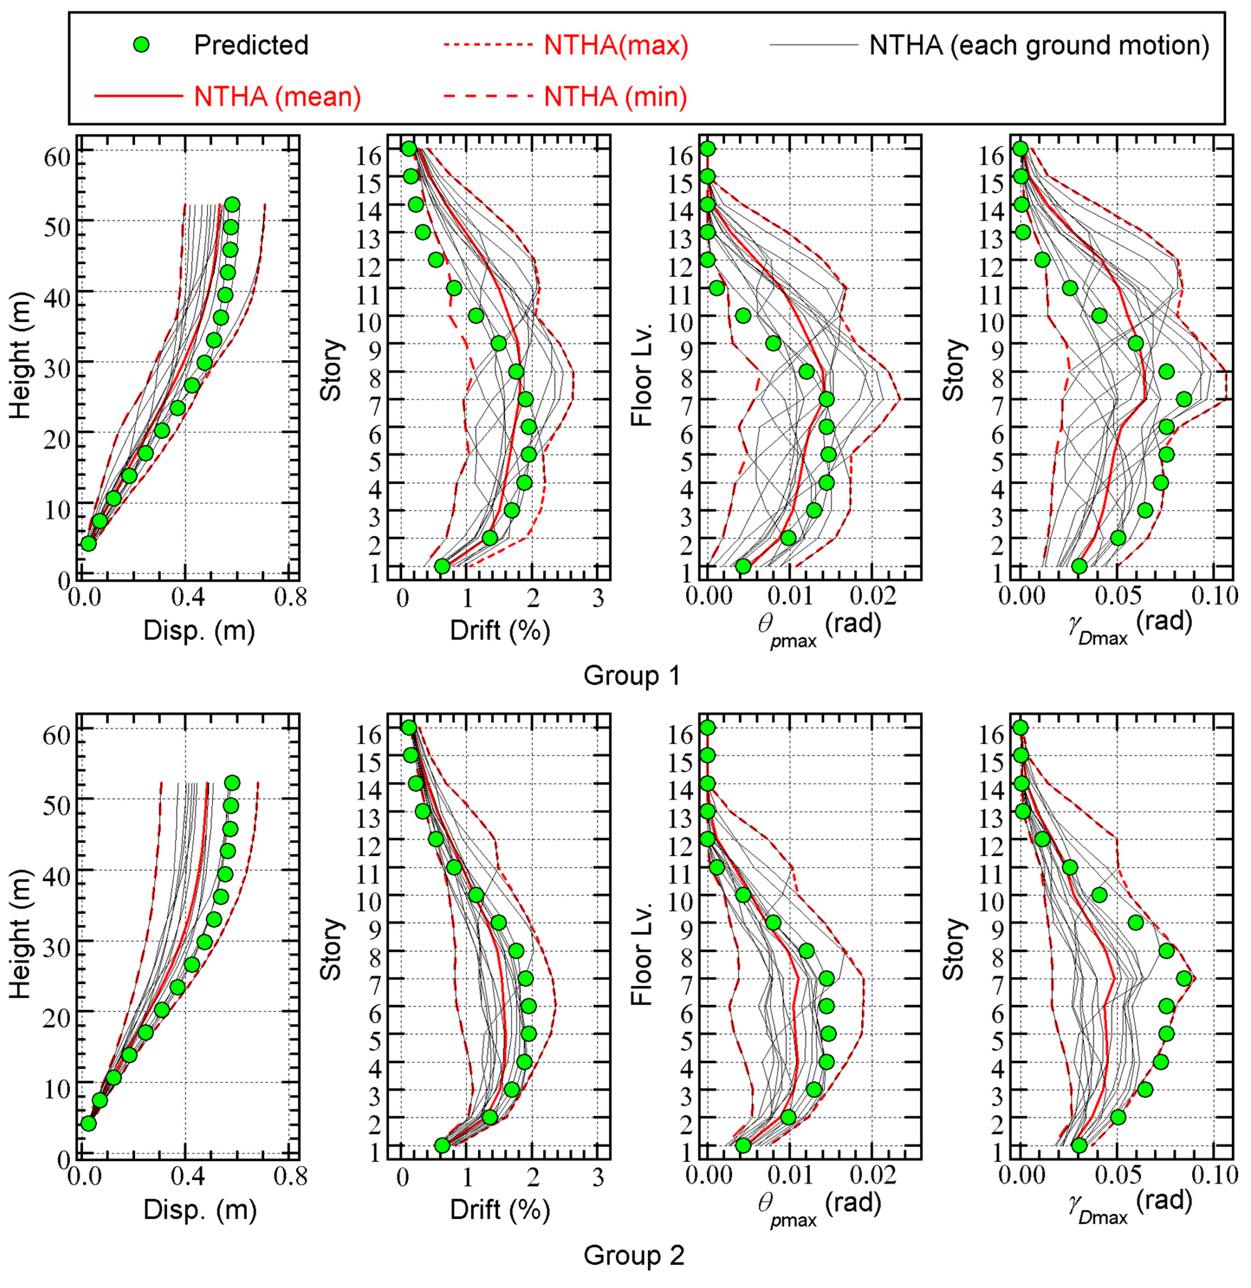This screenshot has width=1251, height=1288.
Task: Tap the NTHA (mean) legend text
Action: (x=277, y=96)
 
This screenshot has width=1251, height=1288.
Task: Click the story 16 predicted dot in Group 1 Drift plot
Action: (x=409, y=148)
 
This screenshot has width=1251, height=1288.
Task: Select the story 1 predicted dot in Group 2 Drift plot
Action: (x=442, y=1145)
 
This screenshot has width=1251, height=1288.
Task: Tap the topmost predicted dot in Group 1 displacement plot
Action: (x=232, y=204)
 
